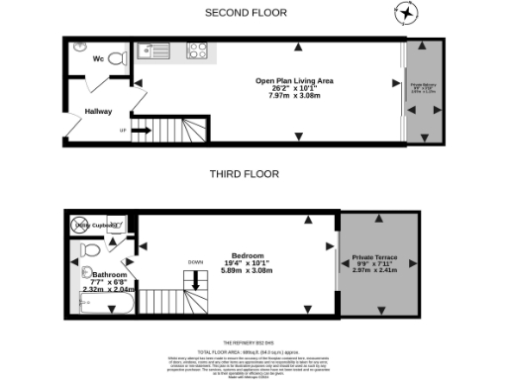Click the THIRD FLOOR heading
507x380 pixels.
[244, 173]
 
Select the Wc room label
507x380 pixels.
[99, 58]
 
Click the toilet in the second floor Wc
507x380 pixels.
[118, 59]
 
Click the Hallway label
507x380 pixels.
[98, 112]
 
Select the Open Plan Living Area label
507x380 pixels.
[294, 79]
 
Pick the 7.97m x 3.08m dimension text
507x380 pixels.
[294, 96]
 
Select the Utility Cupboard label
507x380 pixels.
[96, 227]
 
